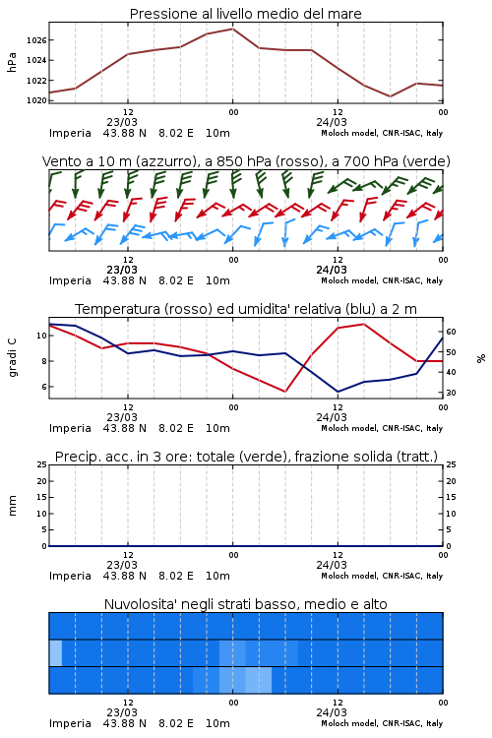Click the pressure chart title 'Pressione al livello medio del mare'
245,14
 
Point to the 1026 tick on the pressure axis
36,40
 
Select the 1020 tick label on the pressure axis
36,100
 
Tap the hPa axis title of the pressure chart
12,62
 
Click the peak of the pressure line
232,29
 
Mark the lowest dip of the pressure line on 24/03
390,96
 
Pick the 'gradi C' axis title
12,358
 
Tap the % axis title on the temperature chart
481,358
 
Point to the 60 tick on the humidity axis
451,332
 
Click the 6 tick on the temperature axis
44,387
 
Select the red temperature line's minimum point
285,392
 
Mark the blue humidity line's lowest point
338,392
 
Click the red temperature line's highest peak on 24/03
364,324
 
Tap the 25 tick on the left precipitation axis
42,464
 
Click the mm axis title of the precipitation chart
12,506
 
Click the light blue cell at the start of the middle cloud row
55,652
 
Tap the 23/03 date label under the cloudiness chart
122,712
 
